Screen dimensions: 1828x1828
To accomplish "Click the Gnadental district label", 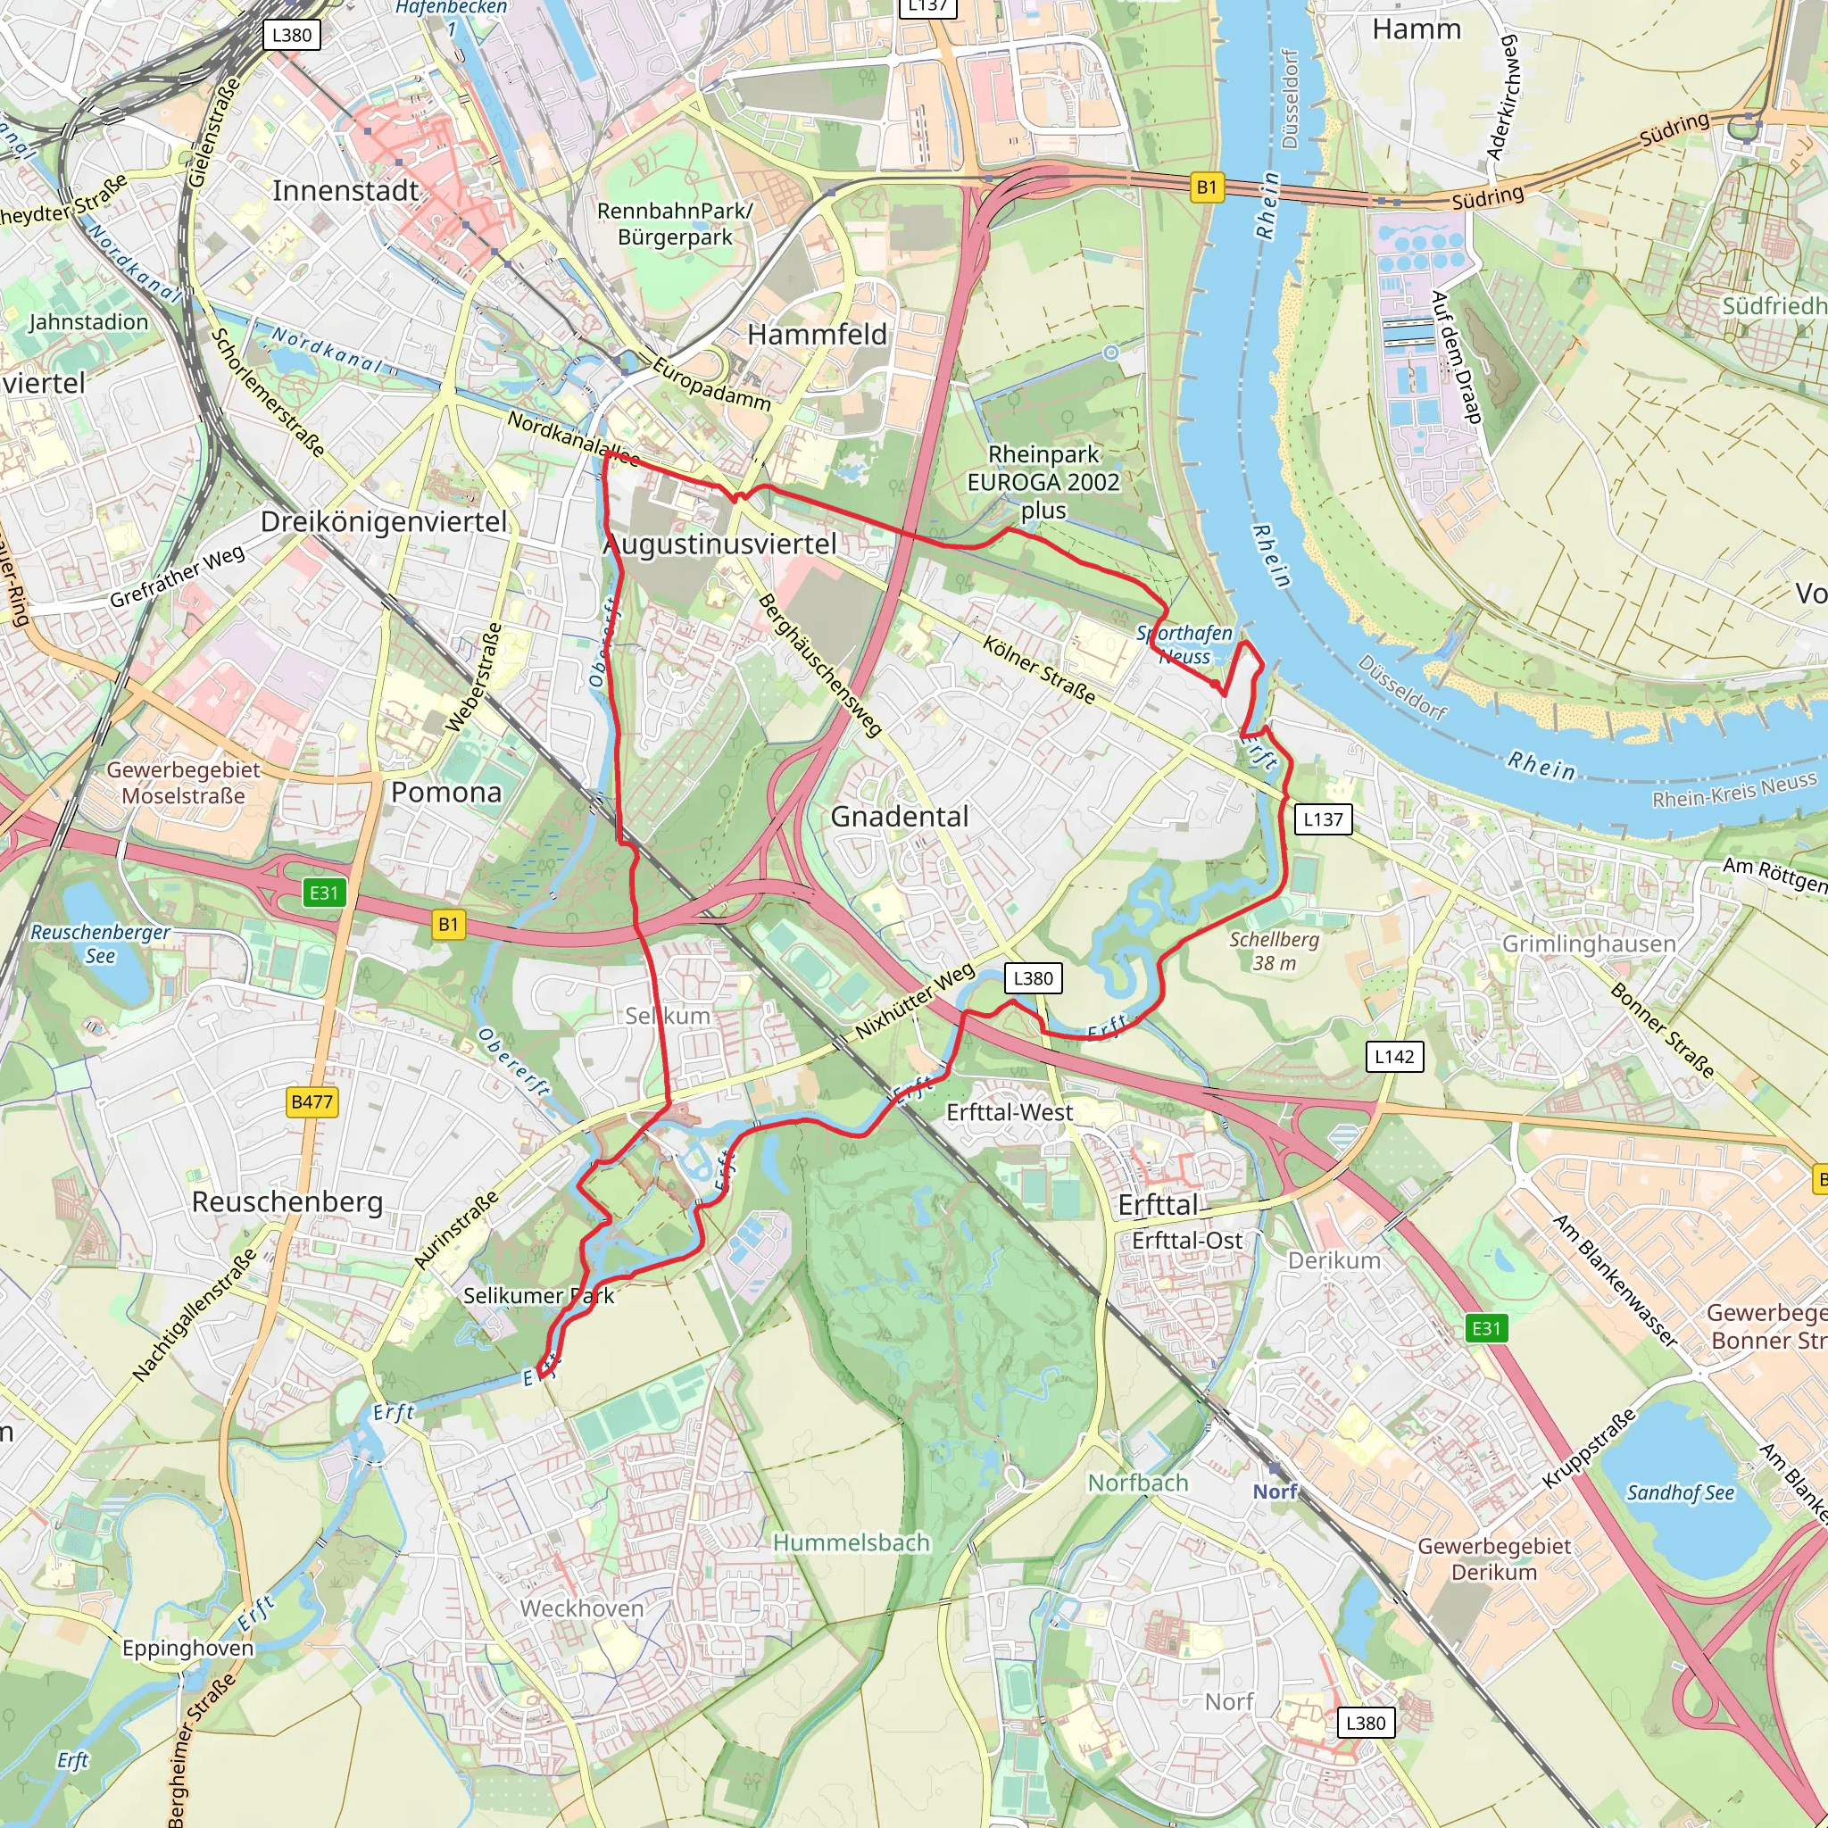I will (899, 817).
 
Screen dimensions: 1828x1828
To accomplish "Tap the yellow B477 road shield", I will (312, 1101).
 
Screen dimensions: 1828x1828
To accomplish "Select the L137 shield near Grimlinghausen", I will (1323, 819).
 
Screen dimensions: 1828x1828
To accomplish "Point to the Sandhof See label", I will (1680, 1493).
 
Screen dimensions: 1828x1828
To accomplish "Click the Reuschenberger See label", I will (100, 943).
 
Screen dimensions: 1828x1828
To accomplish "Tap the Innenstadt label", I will (345, 191).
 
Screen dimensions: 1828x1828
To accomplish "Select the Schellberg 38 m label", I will (1274, 951).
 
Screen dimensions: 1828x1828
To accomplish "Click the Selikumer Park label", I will (538, 1295).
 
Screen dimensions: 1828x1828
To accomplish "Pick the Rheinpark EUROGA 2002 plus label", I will (1043, 483).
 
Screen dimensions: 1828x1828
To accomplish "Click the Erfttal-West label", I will (1009, 1113).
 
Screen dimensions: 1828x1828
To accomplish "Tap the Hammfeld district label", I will (817, 335).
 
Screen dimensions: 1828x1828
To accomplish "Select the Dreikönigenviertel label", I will (383, 522).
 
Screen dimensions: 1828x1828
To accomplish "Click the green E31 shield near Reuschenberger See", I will (324, 893).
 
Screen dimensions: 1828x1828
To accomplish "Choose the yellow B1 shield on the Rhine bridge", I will (1207, 187).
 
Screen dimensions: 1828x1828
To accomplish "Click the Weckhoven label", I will (581, 1608).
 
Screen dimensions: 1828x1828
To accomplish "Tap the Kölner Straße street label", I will (1038, 671).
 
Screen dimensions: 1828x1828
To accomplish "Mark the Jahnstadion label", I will (88, 322).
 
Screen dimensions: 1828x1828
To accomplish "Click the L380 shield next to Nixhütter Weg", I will (1033, 978).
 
